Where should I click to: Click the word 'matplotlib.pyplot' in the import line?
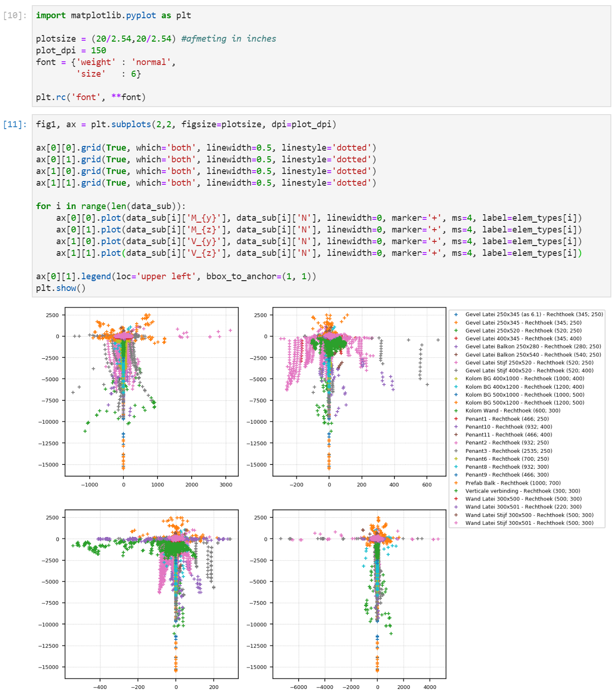[x=113, y=15]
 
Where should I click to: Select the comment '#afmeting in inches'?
[x=229, y=39]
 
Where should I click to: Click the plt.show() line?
[x=61, y=288]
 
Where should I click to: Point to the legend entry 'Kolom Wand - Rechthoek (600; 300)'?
[x=512, y=411]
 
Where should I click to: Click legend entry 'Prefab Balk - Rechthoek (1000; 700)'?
[x=513, y=483]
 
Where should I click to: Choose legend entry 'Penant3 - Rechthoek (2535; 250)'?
[x=509, y=451]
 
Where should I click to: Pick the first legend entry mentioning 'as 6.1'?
[x=534, y=314]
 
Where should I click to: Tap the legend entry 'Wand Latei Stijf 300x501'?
[x=529, y=523]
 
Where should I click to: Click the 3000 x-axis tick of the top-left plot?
[x=226, y=485]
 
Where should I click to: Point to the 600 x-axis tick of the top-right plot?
[x=427, y=485]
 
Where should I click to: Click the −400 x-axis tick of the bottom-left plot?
[x=100, y=687]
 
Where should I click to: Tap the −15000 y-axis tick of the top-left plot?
[x=49, y=464]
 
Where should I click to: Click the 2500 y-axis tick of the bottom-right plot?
[x=261, y=517]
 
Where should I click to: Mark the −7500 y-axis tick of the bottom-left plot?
[x=50, y=603]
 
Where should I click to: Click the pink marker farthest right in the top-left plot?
[x=230, y=331]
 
